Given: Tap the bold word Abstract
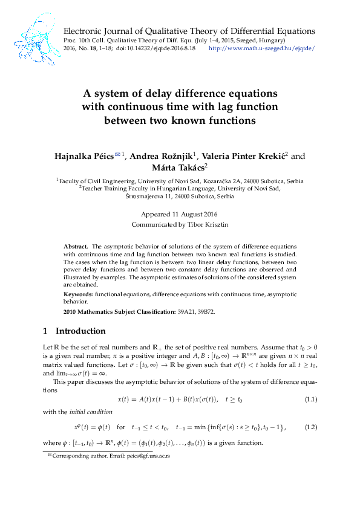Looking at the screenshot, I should point(76,247).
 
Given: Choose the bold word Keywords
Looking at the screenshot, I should point(79,294).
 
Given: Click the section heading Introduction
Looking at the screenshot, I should point(80,331).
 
